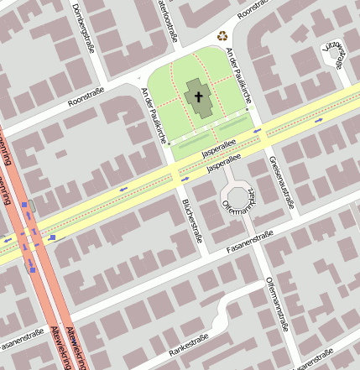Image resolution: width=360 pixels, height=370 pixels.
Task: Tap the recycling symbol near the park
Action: click(x=222, y=35)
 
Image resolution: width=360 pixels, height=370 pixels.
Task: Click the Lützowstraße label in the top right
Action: click(x=336, y=54)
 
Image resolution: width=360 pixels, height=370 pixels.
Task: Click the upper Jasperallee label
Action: click(x=220, y=149)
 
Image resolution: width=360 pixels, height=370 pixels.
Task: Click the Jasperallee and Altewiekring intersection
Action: click(x=34, y=238)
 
